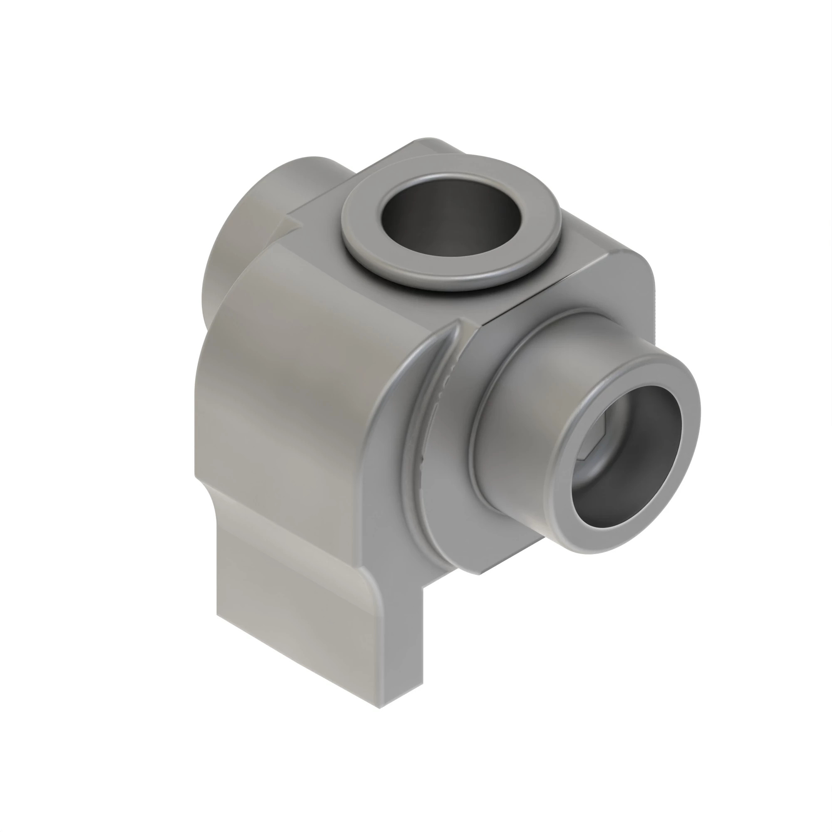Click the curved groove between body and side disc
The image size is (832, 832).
(424, 431)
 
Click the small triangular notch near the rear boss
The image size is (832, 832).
(293, 224)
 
